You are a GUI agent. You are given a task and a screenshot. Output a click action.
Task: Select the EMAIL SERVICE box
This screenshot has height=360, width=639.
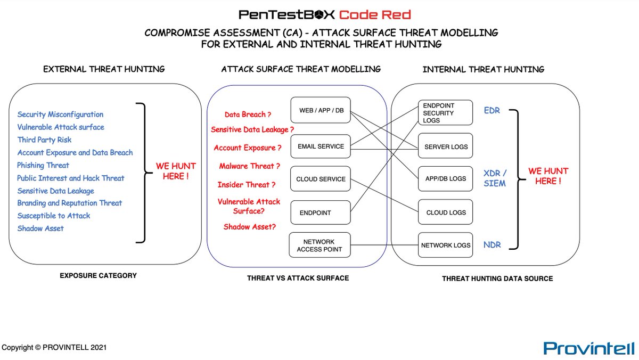pyautogui.click(x=321, y=146)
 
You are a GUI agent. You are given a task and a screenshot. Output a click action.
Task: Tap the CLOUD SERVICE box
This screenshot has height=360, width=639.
pyautogui.click(x=321, y=179)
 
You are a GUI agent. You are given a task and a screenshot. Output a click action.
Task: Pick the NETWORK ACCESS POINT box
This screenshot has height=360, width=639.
pyautogui.click(x=320, y=246)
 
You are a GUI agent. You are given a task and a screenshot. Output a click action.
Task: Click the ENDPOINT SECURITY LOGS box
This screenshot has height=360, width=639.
pyautogui.click(x=445, y=113)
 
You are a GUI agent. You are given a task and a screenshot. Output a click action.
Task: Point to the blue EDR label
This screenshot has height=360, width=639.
pyautogui.click(x=492, y=111)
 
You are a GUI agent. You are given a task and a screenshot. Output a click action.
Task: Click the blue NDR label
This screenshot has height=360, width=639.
pyautogui.click(x=492, y=246)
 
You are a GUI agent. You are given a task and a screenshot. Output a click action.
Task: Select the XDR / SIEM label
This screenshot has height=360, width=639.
pyautogui.click(x=495, y=178)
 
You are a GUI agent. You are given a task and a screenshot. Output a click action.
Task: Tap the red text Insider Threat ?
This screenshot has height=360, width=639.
pyautogui.click(x=247, y=185)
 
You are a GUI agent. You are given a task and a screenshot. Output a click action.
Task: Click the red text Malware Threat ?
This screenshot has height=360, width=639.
pyautogui.click(x=249, y=166)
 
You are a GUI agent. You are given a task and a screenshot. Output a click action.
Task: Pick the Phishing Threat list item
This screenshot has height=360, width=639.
pyautogui.click(x=43, y=165)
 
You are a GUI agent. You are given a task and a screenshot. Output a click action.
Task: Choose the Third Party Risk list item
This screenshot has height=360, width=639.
pyautogui.click(x=44, y=140)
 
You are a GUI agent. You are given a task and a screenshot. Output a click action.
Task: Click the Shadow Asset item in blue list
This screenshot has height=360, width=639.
pyautogui.click(x=40, y=228)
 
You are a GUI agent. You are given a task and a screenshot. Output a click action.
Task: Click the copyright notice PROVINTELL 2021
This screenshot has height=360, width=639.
pyautogui.click(x=54, y=347)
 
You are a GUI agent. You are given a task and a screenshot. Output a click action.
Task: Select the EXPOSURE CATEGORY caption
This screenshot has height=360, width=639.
pyautogui.click(x=98, y=276)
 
